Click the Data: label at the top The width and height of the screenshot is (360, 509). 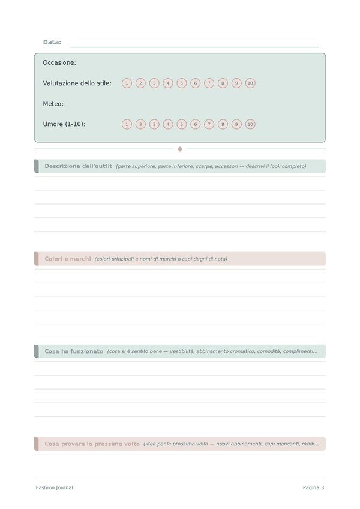point(52,42)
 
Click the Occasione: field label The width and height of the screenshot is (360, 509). point(59,62)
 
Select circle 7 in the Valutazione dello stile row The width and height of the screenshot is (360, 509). point(209,83)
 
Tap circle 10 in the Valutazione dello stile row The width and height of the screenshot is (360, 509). point(250,83)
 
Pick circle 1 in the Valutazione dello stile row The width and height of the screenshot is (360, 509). point(127,83)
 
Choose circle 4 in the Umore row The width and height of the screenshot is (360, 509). point(168,124)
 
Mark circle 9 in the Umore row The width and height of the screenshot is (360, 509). point(236,124)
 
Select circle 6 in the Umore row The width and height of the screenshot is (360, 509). point(195,124)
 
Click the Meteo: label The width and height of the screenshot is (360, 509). point(53,104)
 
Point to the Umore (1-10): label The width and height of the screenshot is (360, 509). point(64,124)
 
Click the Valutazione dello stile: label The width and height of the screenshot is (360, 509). point(77,83)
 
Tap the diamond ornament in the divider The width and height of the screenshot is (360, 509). point(180,149)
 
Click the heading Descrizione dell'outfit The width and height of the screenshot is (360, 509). point(78,166)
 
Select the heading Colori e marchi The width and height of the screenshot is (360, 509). point(68,259)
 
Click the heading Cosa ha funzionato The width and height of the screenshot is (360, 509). point(74,351)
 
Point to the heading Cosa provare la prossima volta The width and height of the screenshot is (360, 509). point(92,444)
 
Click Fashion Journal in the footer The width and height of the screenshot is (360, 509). point(55,487)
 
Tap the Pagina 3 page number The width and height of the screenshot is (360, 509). point(313,487)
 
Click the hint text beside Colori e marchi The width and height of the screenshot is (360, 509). point(161,259)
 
